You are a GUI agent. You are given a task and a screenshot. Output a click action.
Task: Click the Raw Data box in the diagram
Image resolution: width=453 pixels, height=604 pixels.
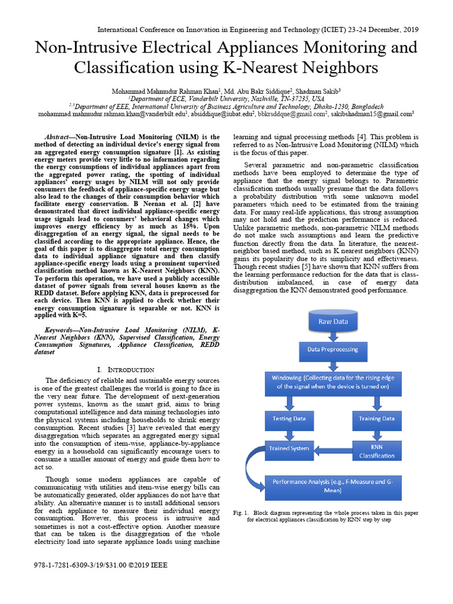point(333,322)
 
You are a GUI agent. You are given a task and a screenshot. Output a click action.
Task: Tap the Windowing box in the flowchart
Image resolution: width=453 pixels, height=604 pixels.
point(333,382)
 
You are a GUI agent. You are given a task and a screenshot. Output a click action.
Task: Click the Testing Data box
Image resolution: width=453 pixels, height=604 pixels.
point(289,419)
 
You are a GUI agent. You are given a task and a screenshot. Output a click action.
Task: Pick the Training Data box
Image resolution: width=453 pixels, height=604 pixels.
point(377,419)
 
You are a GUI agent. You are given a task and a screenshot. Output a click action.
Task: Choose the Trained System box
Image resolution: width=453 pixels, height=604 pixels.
point(289,448)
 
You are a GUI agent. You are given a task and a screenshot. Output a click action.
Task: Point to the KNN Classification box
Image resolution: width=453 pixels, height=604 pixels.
point(377,451)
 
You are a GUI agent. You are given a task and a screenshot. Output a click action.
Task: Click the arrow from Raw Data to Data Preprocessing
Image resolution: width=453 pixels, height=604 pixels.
point(333,336)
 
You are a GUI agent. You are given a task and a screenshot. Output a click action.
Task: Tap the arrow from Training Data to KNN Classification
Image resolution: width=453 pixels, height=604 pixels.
point(377,434)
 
